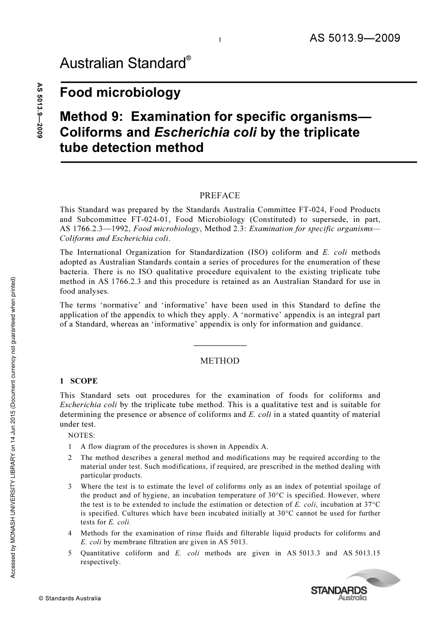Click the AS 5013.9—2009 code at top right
pos(354,38)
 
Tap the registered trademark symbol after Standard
pos(189,58)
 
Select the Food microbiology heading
pos(120,92)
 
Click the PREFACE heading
pos(220,195)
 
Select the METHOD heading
pos(220,361)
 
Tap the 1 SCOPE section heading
pos(79,381)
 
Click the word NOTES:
pos(81,435)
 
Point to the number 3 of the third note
pos(70,486)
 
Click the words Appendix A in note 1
pos(251,447)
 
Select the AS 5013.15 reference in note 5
pos(361,553)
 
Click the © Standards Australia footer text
pos(70,598)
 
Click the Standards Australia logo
pos(355,586)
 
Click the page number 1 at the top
pos(220,40)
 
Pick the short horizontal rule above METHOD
pos(220,345)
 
